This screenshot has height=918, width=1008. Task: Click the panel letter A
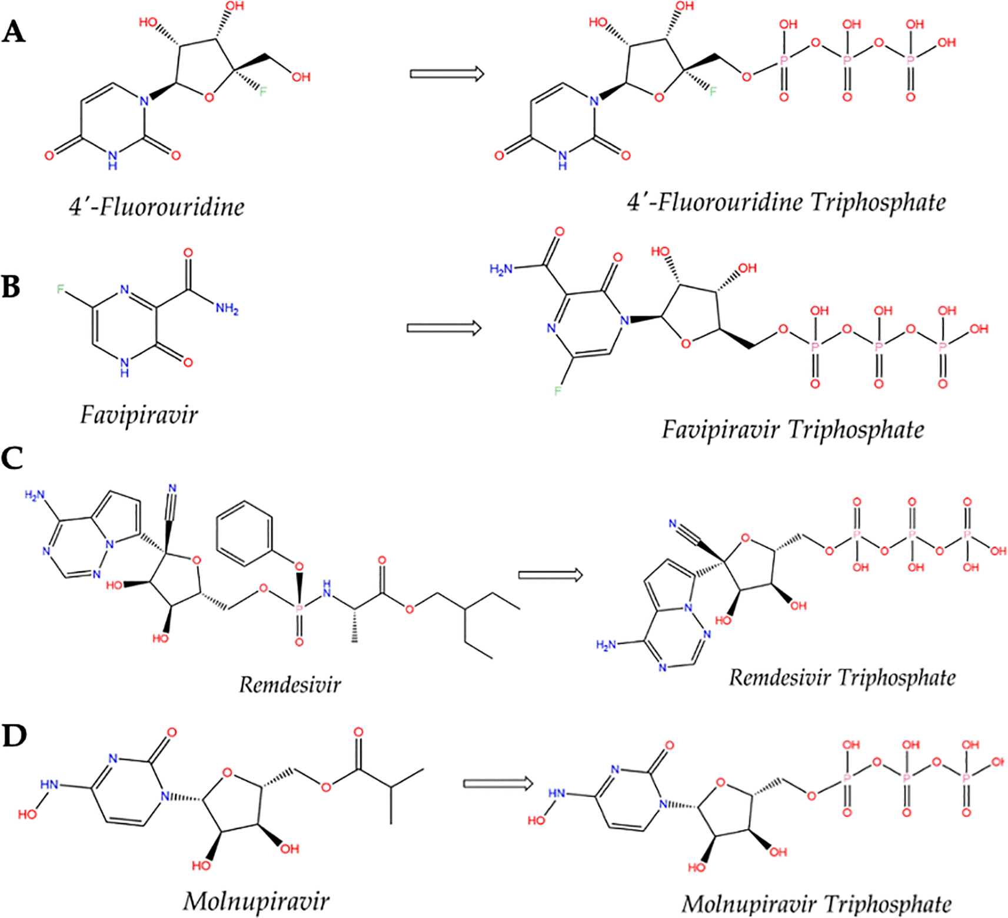[x=14, y=31]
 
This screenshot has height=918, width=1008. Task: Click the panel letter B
[x=11, y=287]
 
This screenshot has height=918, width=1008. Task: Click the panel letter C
[x=12, y=458]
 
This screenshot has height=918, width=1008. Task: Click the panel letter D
[x=14, y=735]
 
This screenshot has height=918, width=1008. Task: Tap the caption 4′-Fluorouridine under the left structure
[x=157, y=207]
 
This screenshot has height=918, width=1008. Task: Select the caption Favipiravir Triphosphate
[x=793, y=429]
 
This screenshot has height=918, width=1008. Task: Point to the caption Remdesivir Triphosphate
[x=842, y=677]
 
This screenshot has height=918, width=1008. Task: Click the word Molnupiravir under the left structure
[x=256, y=901]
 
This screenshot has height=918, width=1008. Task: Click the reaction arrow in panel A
[x=447, y=74]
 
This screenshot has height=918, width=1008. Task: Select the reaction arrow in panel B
[x=444, y=328]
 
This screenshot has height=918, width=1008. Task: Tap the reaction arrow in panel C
[x=550, y=575]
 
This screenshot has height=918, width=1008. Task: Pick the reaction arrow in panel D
[x=498, y=783]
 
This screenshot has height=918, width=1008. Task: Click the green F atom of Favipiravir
[x=60, y=289]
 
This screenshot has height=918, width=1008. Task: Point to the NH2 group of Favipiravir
[x=227, y=308]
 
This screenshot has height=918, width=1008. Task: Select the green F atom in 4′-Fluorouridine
[x=263, y=92]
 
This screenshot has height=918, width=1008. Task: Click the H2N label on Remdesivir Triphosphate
[x=606, y=645]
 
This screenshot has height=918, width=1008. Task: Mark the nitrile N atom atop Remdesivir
[x=172, y=488]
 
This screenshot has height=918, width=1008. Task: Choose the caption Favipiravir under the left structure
[x=139, y=415]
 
